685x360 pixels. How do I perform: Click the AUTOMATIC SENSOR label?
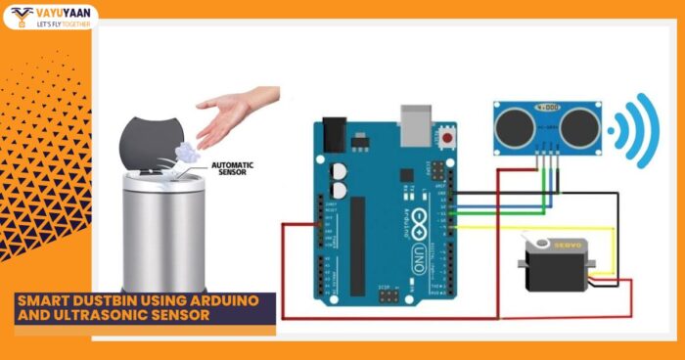pos(232,167)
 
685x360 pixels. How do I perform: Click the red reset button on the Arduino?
pos(448,138)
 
